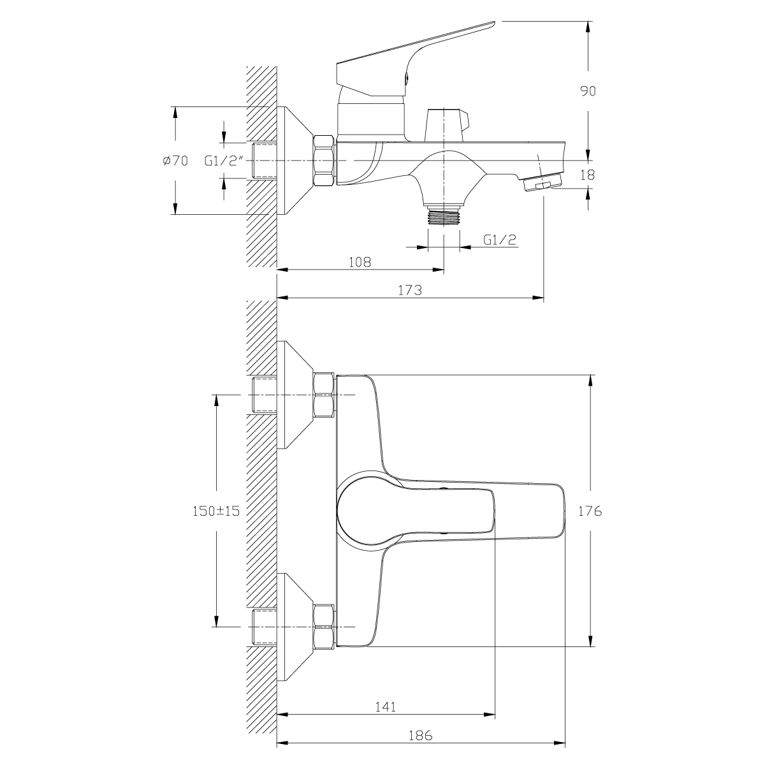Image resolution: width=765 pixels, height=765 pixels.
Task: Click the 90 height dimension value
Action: [x=588, y=91]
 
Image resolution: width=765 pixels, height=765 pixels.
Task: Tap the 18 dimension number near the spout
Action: [x=588, y=175]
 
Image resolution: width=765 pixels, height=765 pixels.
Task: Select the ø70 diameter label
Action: [x=175, y=161]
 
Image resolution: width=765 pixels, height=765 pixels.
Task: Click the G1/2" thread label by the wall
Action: [x=224, y=161]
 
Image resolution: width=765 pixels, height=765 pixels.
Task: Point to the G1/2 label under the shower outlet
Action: [x=500, y=240]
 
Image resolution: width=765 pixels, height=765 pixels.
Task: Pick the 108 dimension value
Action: [x=360, y=262]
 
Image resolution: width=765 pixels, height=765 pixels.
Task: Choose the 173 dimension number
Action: [x=410, y=290]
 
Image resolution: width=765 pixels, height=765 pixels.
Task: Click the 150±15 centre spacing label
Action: [x=216, y=511]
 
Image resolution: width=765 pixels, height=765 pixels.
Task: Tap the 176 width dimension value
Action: [x=590, y=511]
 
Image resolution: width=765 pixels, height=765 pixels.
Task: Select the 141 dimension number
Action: [x=386, y=707]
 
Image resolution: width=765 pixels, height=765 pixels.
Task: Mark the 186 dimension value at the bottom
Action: [x=420, y=736]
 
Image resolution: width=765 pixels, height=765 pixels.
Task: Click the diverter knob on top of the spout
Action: [x=448, y=125]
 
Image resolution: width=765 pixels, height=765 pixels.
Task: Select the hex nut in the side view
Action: [x=324, y=161]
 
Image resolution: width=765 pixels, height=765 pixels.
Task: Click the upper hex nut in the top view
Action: [x=324, y=395]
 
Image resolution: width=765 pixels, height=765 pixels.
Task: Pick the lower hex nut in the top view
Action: [x=324, y=627]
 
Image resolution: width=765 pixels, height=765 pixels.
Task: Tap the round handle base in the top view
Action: [x=369, y=511]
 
